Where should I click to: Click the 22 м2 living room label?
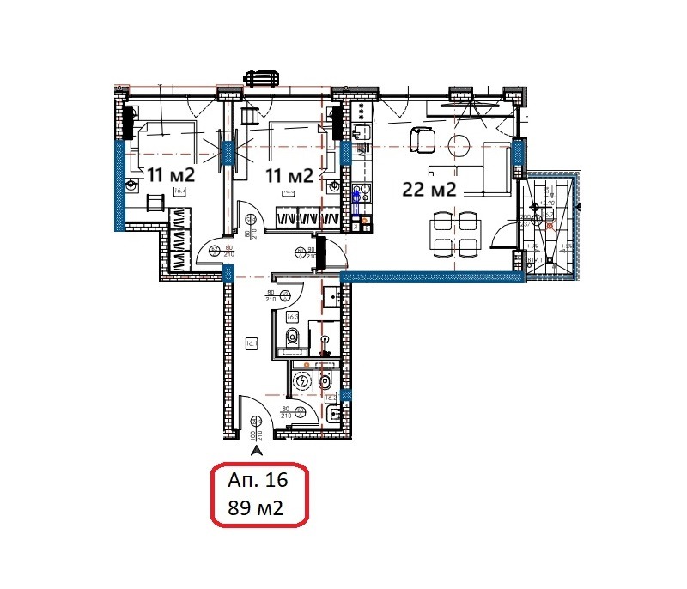429,190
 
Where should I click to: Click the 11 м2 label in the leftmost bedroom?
170,174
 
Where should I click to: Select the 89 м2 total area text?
255,508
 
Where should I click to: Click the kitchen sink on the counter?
361,193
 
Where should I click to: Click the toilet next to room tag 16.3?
293,336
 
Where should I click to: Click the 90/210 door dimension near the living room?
311,253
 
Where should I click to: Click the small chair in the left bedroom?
155,203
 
